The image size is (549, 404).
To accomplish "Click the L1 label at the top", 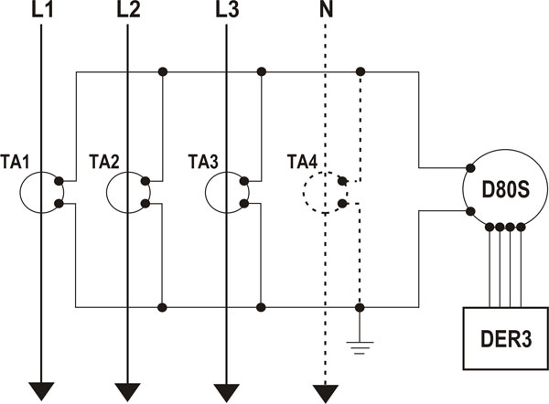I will (x=43, y=12).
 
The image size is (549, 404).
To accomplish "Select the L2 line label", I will (x=128, y=12).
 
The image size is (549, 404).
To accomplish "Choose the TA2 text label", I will (x=103, y=162).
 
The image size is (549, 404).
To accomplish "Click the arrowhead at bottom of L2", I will (x=128, y=391).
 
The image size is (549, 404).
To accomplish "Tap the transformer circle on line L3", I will (x=225, y=191).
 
